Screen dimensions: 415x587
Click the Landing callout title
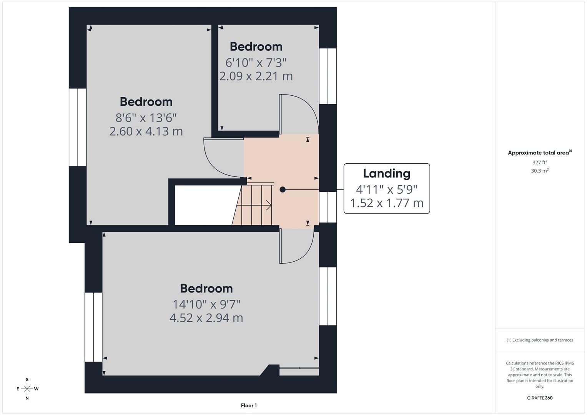tap(386, 173)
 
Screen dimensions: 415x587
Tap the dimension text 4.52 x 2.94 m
tap(206, 318)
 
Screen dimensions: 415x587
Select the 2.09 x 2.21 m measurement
tap(256, 76)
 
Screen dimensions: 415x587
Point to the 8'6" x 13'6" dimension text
tap(146, 117)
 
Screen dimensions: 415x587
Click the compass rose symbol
tap(27, 388)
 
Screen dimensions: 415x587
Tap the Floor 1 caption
tap(249, 405)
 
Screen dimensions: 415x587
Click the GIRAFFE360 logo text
tap(540, 398)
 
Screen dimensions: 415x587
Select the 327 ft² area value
tap(540, 163)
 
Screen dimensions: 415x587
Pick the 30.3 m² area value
tap(540, 171)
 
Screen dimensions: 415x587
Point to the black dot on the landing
tap(283, 189)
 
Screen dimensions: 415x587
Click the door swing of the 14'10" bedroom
tap(296, 246)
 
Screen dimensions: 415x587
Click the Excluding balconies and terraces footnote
tap(540, 340)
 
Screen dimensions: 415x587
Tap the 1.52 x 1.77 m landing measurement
tap(386, 203)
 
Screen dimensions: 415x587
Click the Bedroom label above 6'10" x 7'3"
tap(256, 46)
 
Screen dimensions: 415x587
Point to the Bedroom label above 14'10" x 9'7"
tap(206, 288)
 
